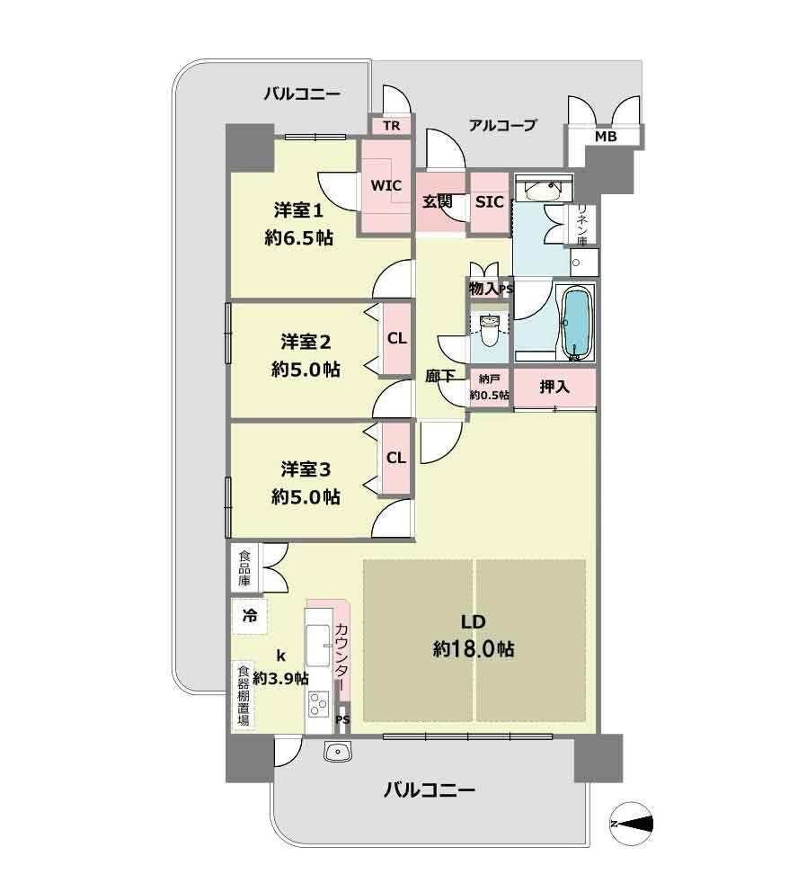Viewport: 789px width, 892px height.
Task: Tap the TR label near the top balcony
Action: (x=391, y=126)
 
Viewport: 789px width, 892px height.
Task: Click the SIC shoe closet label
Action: (x=489, y=202)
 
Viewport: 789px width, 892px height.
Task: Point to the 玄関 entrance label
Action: (x=438, y=202)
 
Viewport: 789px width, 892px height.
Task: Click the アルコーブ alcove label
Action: (x=502, y=126)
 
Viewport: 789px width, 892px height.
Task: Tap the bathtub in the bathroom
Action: (x=576, y=323)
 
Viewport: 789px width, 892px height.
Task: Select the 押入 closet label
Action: (x=554, y=387)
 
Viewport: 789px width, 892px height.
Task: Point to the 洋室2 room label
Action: (x=306, y=342)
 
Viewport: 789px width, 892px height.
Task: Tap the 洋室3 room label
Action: (x=306, y=469)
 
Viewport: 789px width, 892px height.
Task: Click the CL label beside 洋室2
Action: (x=396, y=339)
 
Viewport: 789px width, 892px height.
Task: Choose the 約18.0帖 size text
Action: (x=473, y=649)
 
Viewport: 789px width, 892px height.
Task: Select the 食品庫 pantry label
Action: (x=245, y=568)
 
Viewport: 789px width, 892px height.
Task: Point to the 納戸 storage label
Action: (x=489, y=379)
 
